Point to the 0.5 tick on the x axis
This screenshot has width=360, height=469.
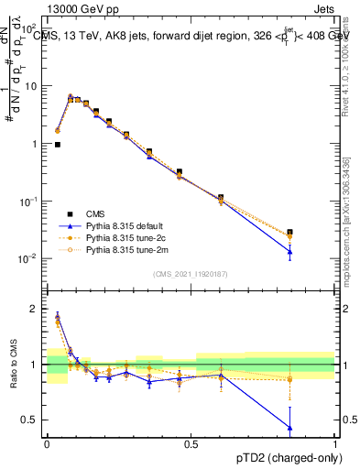coord(191,444)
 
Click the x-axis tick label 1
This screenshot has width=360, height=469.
coord(336,444)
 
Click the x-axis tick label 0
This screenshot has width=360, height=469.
coord(47,444)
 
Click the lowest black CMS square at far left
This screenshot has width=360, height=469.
coord(58,144)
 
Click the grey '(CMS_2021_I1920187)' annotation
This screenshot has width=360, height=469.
coord(191,273)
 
